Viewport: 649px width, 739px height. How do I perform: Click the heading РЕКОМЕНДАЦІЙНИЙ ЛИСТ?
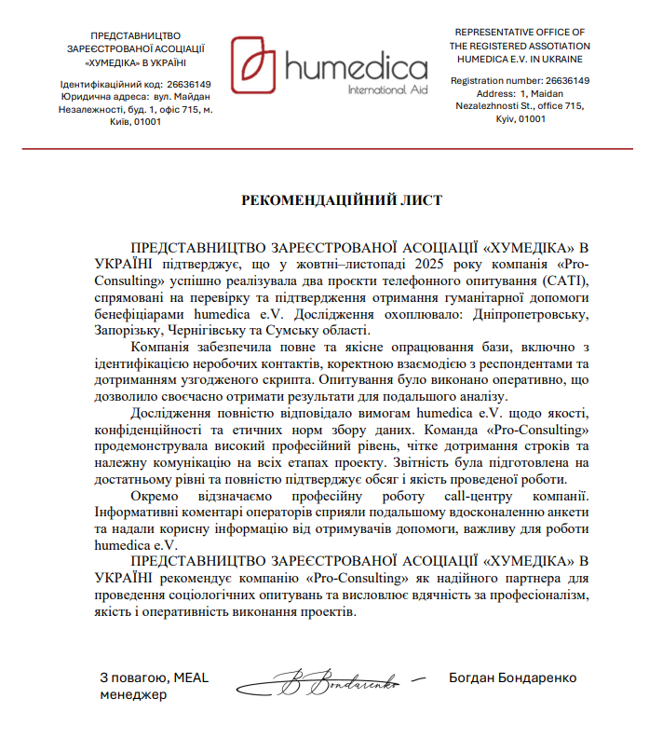[342, 200]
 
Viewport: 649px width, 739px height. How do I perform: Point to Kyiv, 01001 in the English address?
[520, 119]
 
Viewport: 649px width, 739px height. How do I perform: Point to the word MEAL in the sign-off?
[191, 677]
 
